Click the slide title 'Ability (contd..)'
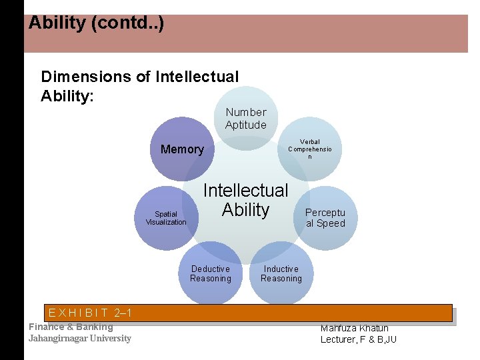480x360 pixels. [x=96, y=23]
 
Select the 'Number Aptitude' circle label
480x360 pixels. [x=246, y=119]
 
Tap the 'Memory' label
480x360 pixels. [x=182, y=149]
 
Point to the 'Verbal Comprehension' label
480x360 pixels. [x=310, y=149]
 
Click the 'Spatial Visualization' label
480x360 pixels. [x=166, y=218]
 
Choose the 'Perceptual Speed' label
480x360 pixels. [x=325, y=218]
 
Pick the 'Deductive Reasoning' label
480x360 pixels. [x=211, y=274]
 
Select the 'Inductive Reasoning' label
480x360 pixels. [x=281, y=274]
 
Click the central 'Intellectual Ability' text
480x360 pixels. [x=245, y=200]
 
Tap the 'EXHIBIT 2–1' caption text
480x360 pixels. [x=90, y=313]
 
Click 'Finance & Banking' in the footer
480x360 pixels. [x=71, y=327]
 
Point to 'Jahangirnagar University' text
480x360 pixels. [x=80, y=338]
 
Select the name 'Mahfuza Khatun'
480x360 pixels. [x=355, y=327]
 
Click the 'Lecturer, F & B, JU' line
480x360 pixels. [x=359, y=339]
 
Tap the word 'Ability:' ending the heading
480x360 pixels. [x=67, y=95]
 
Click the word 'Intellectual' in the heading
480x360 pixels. [x=197, y=77]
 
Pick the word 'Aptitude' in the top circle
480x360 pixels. [x=246, y=125]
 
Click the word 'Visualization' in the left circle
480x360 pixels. [x=166, y=222]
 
